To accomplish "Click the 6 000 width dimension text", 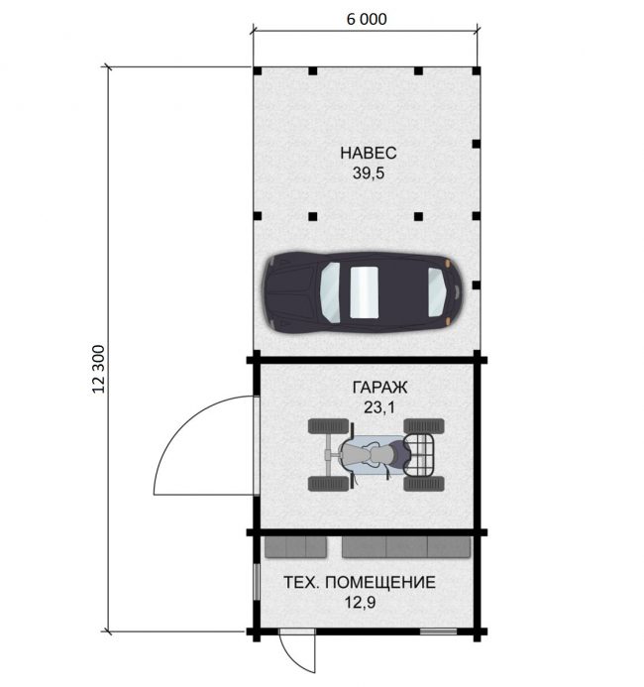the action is pos(367,19).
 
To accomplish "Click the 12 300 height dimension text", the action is pos(99,369).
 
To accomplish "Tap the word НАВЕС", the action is pos(369,153).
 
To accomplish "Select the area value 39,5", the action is pos(369,173).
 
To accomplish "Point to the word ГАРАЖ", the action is pos(379,387).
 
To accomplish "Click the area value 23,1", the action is pos(379,407).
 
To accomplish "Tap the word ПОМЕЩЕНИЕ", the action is pos(380,582).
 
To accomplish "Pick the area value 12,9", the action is pos(360,603).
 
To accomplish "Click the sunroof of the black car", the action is pos(364,291).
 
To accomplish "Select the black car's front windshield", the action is pos(438,291).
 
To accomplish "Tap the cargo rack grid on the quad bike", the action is pos(419,455).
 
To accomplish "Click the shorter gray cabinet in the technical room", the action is pos(295,547).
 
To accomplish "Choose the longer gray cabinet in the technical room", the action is pos(406,547).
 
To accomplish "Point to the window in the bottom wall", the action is pos(438,631).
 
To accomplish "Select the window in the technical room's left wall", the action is pos(257,581).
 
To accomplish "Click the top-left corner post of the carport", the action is pos(258,71).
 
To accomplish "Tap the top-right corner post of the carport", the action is pos(477,71).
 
